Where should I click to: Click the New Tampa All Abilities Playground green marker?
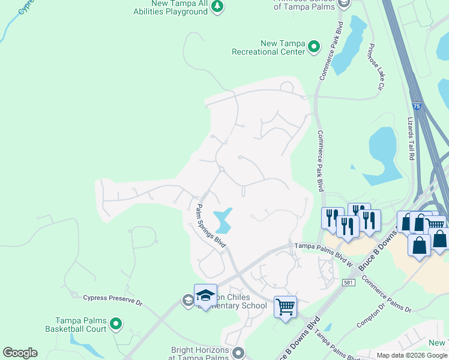pos(217,7)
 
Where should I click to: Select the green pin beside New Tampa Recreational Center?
pos(314,47)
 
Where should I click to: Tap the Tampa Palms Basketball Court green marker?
pos(116,325)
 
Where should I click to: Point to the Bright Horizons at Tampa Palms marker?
pos(238,353)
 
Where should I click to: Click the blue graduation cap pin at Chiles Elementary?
pos(205,295)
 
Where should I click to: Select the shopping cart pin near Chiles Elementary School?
pos(286,307)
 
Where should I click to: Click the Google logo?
pos(20,353)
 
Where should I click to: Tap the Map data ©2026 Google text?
pos(411,355)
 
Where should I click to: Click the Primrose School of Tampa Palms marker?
pos(343,4)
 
